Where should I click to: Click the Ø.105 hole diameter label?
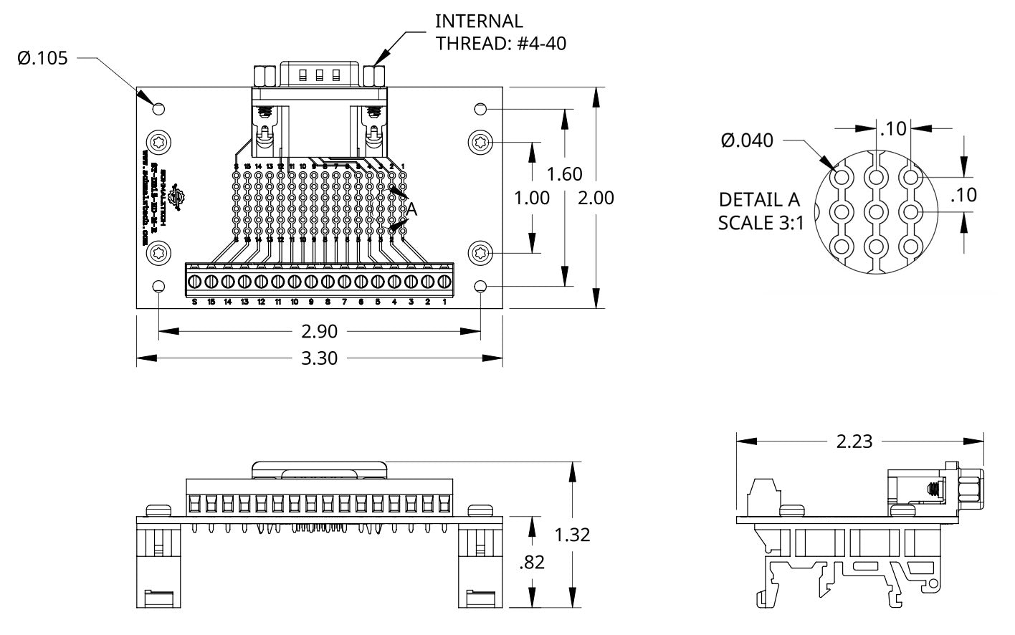point(42,58)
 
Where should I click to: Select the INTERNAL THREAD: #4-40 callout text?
point(500,32)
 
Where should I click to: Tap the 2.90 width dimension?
point(319,331)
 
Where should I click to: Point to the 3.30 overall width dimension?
point(319,358)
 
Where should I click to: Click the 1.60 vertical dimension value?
point(564,174)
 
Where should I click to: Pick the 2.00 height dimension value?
point(596,197)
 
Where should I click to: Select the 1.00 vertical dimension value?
point(532,197)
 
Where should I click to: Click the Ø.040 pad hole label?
point(747,140)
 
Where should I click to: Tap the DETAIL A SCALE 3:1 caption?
point(761,211)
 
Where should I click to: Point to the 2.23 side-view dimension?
point(854,441)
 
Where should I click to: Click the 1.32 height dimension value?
point(572,534)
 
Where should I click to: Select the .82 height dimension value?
point(531,562)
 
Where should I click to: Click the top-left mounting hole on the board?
point(159,109)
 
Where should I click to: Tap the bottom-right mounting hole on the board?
point(480,287)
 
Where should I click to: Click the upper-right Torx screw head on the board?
point(480,142)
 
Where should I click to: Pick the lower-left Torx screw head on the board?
point(158,253)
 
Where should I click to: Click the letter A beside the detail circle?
point(411,209)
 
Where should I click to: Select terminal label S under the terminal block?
point(194,302)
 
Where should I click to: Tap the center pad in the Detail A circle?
point(876,211)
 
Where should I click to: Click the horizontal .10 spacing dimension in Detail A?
point(893,128)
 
